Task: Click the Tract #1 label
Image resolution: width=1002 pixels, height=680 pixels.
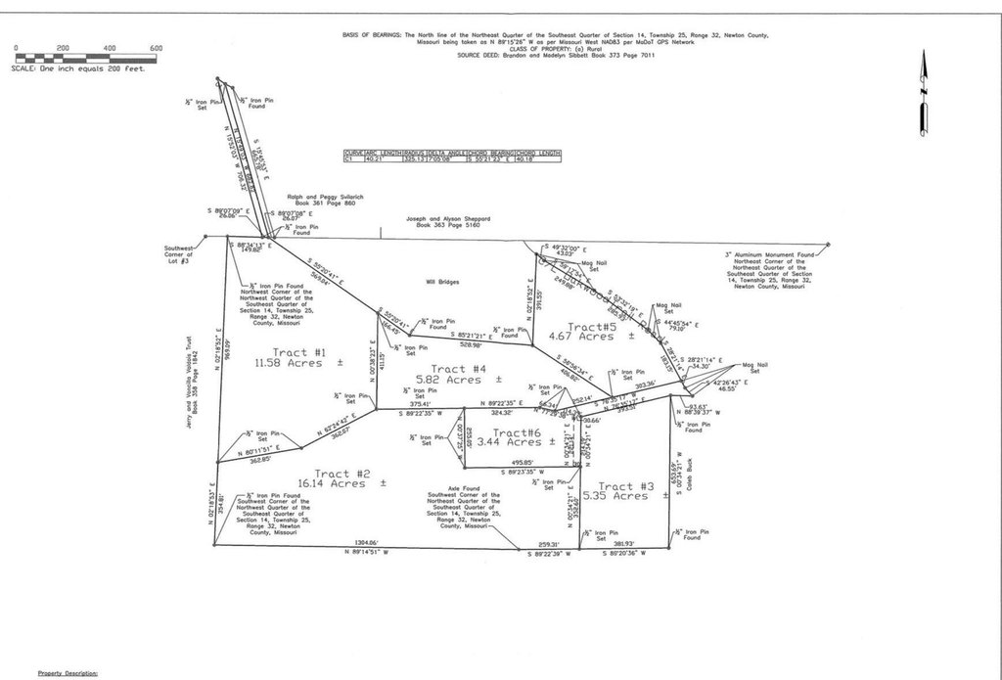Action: [x=286, y=351]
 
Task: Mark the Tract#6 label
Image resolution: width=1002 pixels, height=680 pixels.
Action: [x=518, y=432]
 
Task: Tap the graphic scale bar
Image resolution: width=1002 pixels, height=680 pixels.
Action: [x=86, y=58]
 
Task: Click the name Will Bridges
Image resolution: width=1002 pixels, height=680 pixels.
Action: [x=442, y=281]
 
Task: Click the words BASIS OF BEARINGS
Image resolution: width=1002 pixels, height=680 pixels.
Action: [x=364, y=34]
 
